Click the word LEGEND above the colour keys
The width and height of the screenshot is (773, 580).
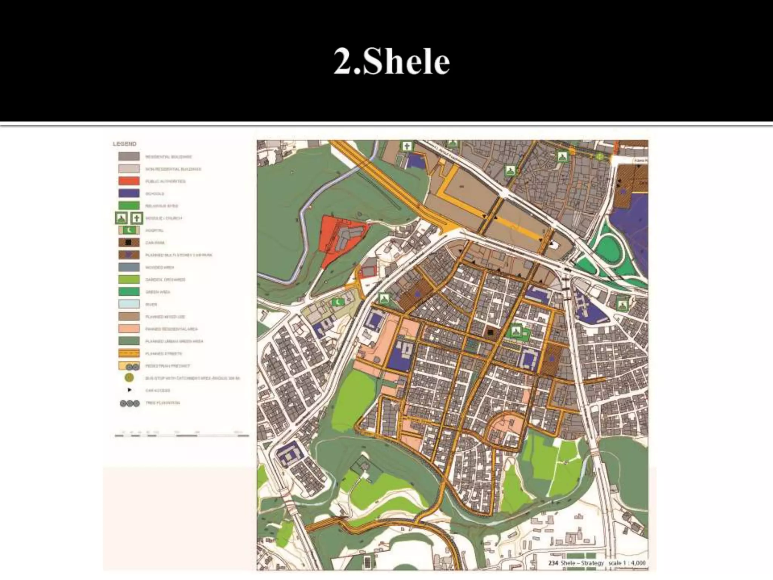(125, 144)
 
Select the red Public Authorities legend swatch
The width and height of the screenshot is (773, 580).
(129, 181)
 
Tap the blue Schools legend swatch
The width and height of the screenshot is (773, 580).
(129, 193)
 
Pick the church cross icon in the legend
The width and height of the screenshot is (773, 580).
(137, 218)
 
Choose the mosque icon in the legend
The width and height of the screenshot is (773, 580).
(121, 218)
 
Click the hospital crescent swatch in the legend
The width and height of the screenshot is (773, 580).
(129, 230)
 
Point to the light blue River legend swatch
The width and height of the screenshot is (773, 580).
(129, 304)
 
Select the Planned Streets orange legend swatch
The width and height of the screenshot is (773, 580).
(129, 353)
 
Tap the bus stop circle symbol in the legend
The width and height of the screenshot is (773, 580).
(129, 378)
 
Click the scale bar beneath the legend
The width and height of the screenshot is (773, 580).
(182, 435)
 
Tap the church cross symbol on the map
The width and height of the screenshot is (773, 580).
(407, 146)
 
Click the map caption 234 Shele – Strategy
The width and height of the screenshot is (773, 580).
(576, 563)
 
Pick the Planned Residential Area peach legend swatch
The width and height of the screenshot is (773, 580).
(129, 329)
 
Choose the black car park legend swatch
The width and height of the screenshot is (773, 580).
(129, 242)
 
